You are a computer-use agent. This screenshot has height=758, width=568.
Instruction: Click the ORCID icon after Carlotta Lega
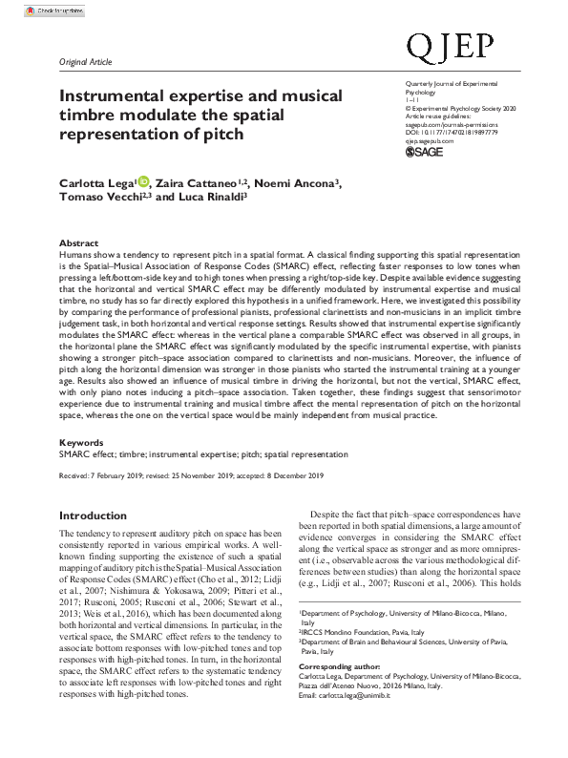tap(144, 181)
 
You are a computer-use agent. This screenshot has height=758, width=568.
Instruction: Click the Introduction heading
tap(93, 516)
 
